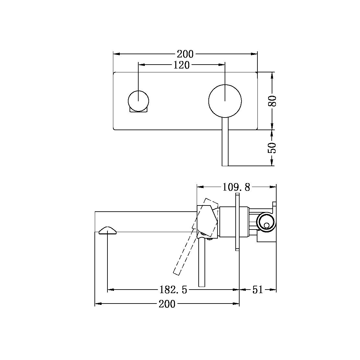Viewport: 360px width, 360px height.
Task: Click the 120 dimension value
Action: (x=181, y=65)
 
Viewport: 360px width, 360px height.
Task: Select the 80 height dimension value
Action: (x=272, y=101)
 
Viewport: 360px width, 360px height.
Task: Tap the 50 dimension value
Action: (x=272, y=148)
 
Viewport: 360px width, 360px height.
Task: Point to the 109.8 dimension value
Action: (x=236, y=187)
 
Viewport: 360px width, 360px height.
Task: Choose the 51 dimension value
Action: (x=258, y=290)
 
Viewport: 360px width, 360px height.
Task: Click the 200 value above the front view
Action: (x=185, y=54)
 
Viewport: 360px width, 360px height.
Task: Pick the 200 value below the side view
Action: (x=167, y=304)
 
